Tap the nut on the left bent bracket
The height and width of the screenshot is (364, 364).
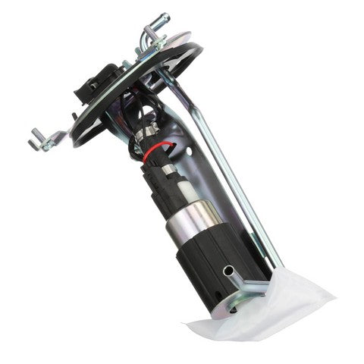(x=45, y=138)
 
